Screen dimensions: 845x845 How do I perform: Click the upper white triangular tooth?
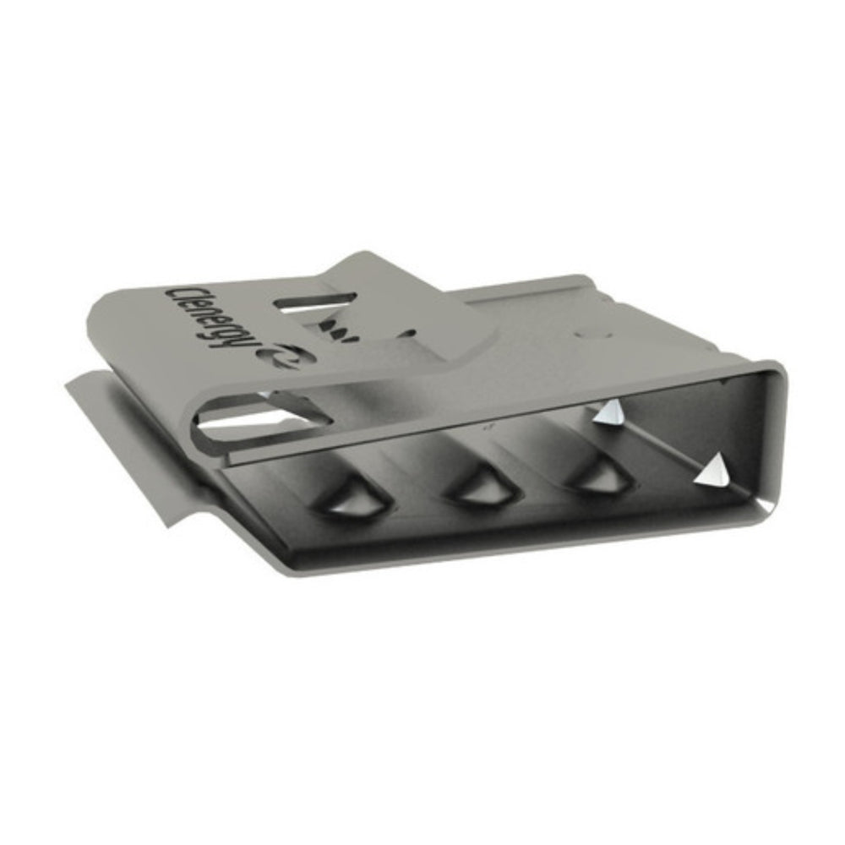(608, 412)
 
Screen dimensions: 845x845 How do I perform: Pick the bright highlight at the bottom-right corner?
(765, 504)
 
